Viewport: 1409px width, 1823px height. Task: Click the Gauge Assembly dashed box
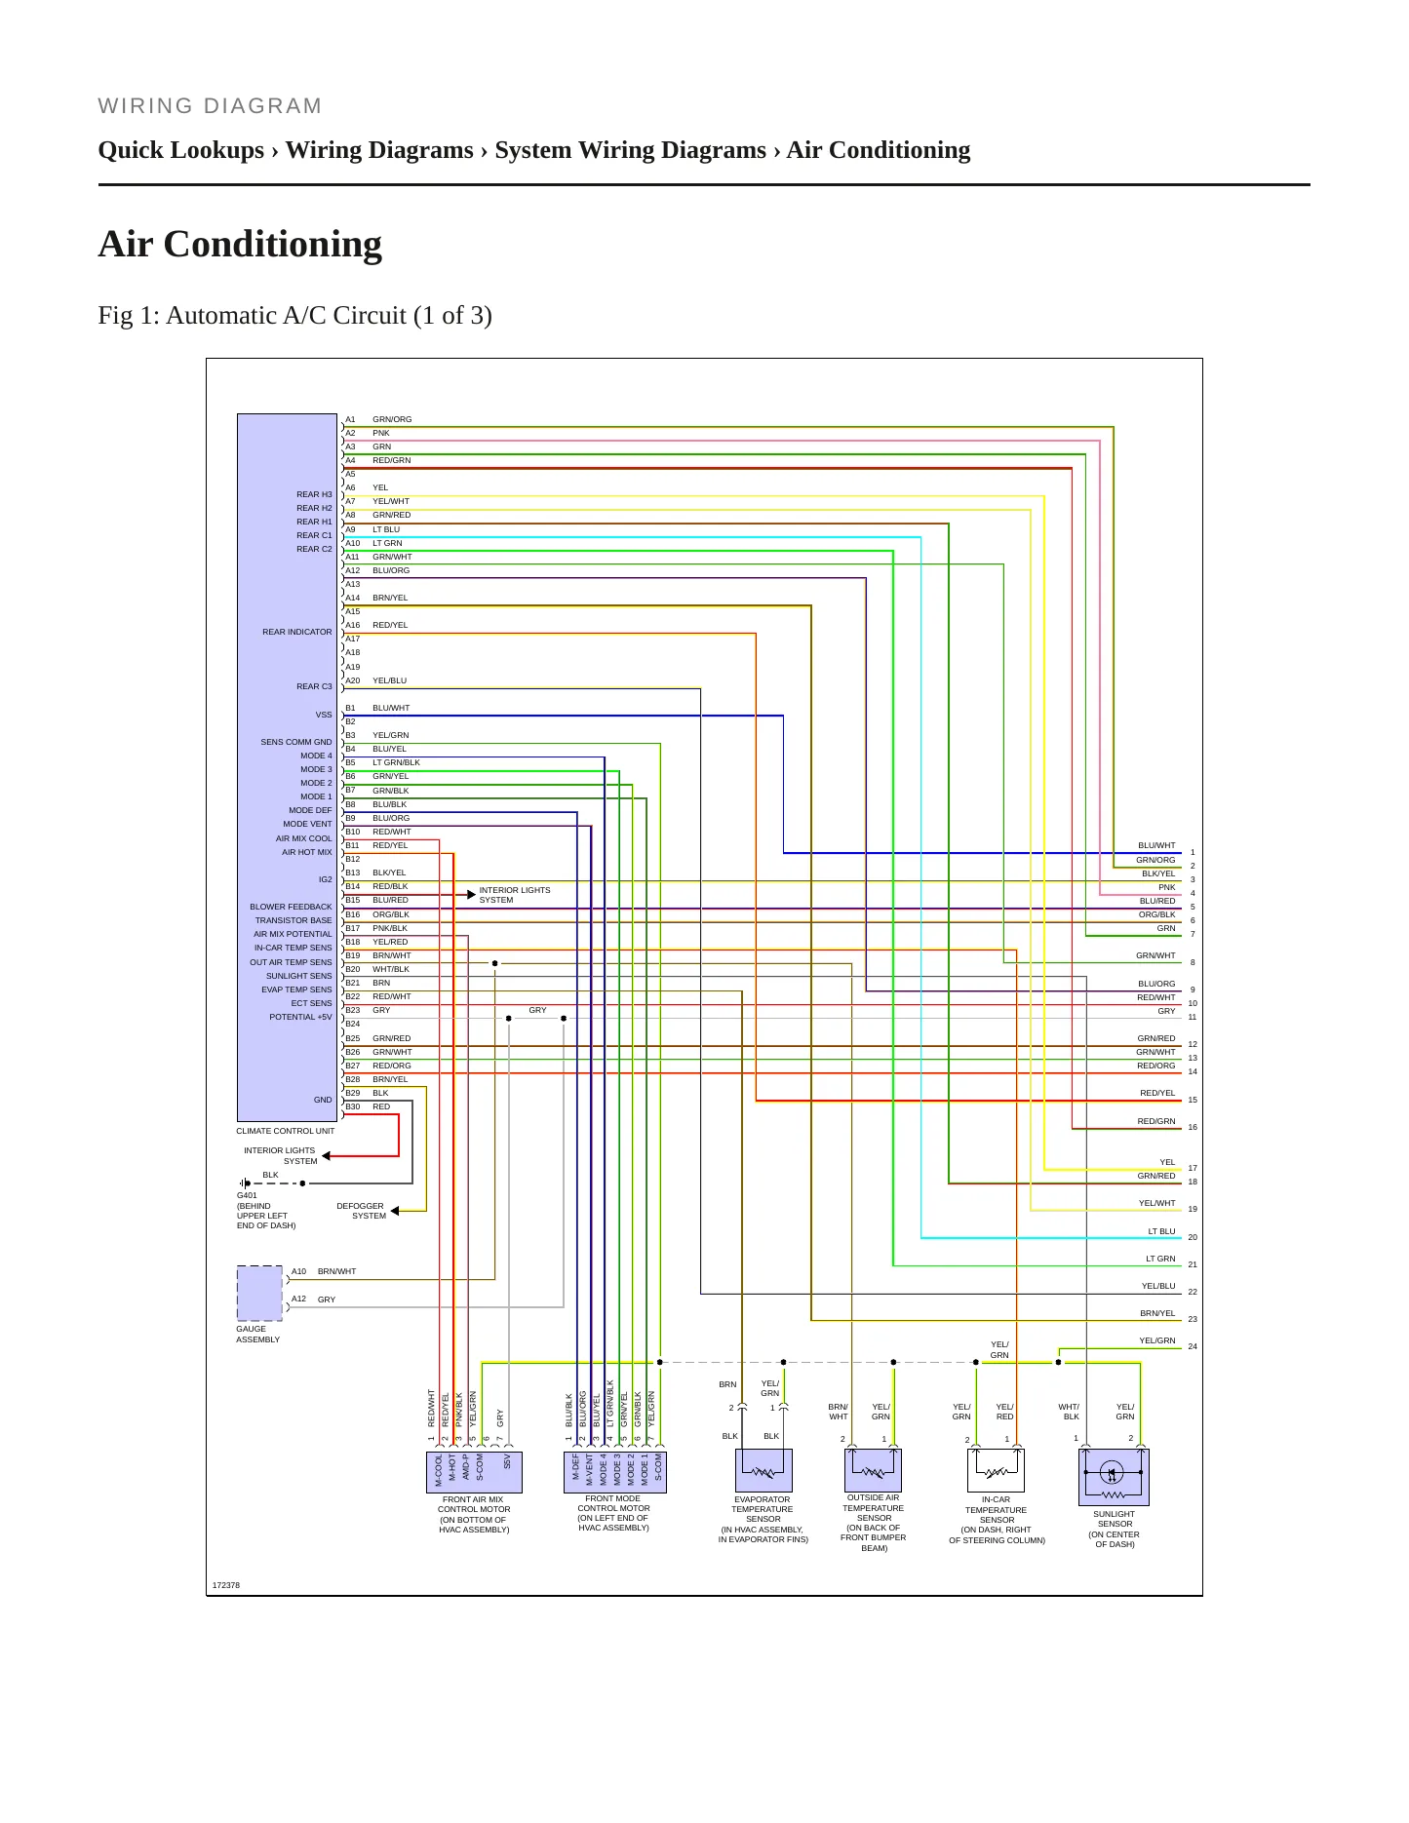(259, 1294)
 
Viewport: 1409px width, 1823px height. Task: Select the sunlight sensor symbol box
(1114, 1477)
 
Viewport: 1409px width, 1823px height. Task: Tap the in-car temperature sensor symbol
(996, 1470)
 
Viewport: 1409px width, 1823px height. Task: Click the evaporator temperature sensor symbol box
(763, 1470)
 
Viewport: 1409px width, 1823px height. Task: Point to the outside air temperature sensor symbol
(873, 1470)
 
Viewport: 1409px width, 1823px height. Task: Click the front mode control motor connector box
(614, 1472)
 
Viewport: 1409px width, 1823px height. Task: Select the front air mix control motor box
(474, 1472)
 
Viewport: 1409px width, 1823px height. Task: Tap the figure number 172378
(226, 1585)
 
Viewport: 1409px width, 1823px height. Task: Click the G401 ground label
(247, 1195)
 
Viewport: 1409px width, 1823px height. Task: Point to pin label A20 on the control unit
(352, 680)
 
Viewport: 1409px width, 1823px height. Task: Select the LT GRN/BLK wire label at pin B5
(396, 762)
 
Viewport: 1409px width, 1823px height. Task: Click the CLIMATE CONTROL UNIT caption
(285, 1131)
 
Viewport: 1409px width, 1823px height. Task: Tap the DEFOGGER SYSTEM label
(361, 1211)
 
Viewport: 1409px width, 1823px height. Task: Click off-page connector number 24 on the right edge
(1193, 1346)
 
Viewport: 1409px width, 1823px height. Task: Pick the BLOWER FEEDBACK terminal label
(291, 907)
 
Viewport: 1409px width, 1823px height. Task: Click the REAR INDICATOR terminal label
(297, 632)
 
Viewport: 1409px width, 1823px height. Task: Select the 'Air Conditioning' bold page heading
(240, 244)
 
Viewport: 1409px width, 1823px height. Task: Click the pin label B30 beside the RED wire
(352, 1106)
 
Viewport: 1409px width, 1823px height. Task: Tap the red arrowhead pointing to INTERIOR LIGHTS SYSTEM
(327, 1156)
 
